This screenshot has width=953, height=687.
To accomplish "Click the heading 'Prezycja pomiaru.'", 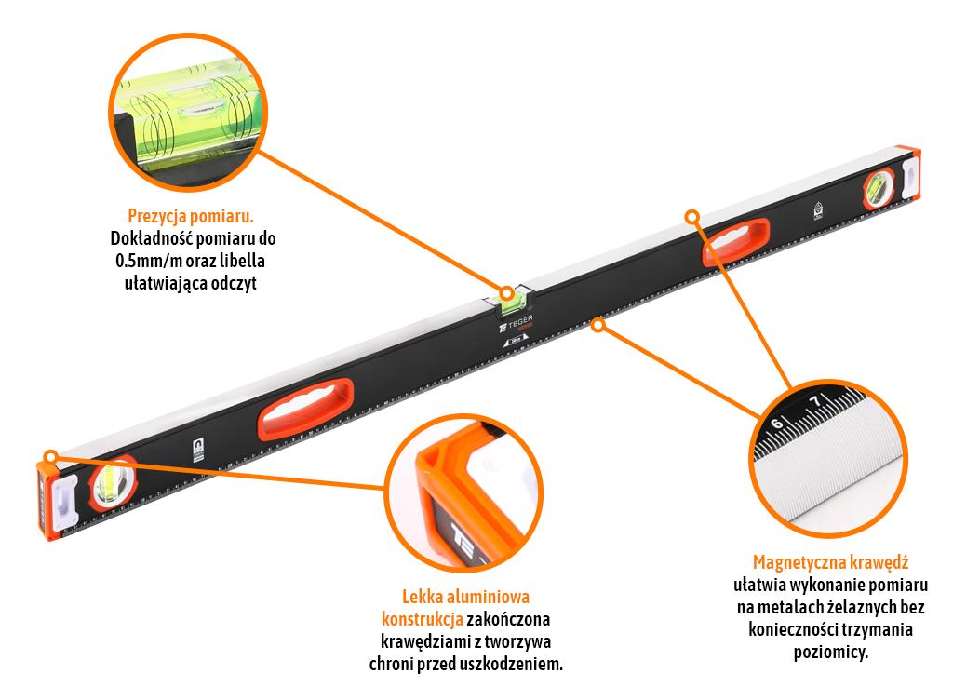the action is tap(191, 216).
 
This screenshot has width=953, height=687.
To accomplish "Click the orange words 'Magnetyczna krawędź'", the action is tap(830, 562).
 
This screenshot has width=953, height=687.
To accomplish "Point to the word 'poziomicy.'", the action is tap(830, 653).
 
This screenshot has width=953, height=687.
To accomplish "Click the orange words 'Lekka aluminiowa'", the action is tap(465, 597).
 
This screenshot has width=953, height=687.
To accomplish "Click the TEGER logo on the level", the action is tap(516, 323).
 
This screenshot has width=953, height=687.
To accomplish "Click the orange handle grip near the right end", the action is tap(736, 242).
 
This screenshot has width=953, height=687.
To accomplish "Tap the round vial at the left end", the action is tap(113, 482).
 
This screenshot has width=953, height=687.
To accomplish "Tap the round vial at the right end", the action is tap(879, 188).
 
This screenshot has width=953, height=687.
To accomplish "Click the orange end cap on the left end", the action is tap(47, 499).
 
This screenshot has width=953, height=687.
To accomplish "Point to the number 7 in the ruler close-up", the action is tap(816, 401).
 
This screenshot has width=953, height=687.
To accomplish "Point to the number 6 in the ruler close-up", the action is tap(777, 423).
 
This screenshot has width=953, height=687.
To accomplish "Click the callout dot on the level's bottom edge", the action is tap(598, 325).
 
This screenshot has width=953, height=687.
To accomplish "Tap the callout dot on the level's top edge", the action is tap(691, 217).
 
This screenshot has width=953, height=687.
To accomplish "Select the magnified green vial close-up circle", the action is tap(188, 113).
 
